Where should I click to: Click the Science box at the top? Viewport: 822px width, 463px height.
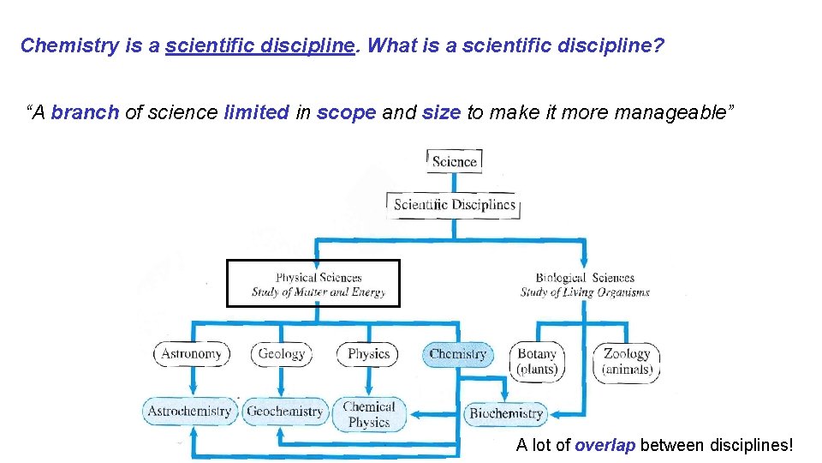(454, 161)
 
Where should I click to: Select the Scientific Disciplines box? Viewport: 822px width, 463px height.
(454, 205)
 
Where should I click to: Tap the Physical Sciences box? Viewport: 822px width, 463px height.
(313, 284)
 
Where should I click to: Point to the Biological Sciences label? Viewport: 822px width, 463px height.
(585, 284)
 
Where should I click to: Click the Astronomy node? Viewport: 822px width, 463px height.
(191, 354)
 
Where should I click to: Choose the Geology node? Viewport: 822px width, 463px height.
(282, 354)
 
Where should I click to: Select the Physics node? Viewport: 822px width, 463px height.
(369, 354)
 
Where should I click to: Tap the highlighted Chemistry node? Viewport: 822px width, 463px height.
(458, 354)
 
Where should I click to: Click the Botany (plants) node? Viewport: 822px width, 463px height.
(537, 361)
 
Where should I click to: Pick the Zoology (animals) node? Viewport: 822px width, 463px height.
(628, 361)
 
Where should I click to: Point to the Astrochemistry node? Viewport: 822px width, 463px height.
(189, 412)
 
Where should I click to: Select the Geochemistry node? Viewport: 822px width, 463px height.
(284, 412)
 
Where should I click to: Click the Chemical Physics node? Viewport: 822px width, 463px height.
(369, 414)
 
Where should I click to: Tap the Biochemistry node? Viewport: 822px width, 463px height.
(506, 413)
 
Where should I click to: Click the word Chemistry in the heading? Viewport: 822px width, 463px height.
(70, 46)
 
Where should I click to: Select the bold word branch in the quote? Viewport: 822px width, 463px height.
(85, 112)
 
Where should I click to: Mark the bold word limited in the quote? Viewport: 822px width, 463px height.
(256, 112)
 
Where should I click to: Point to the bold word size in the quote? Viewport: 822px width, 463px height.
(442, 112)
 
